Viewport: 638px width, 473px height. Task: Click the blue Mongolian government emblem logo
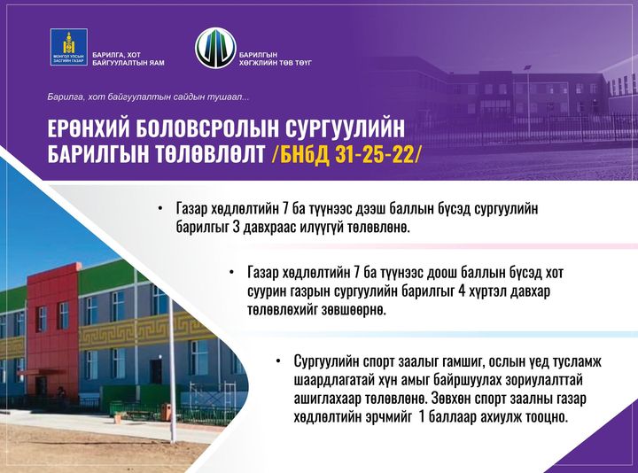point(69,47)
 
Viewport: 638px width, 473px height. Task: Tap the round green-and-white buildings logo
point(215,48)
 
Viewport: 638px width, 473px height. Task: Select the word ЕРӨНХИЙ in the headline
point(88,128)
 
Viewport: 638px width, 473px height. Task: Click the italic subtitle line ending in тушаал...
point(148,97)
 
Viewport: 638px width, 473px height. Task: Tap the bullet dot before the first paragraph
point(160,208)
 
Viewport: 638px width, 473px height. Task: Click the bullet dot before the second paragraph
point(231,272)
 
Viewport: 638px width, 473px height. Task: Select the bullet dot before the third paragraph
point(278,361)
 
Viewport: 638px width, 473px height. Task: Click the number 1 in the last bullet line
point(422,417)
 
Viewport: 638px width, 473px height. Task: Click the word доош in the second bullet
point(444,272)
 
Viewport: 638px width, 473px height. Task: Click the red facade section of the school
point(53,330)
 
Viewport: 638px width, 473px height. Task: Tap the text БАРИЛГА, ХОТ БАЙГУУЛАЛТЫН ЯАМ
point(128,59)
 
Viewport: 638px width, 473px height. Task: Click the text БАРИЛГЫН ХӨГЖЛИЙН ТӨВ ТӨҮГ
point(276,59)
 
